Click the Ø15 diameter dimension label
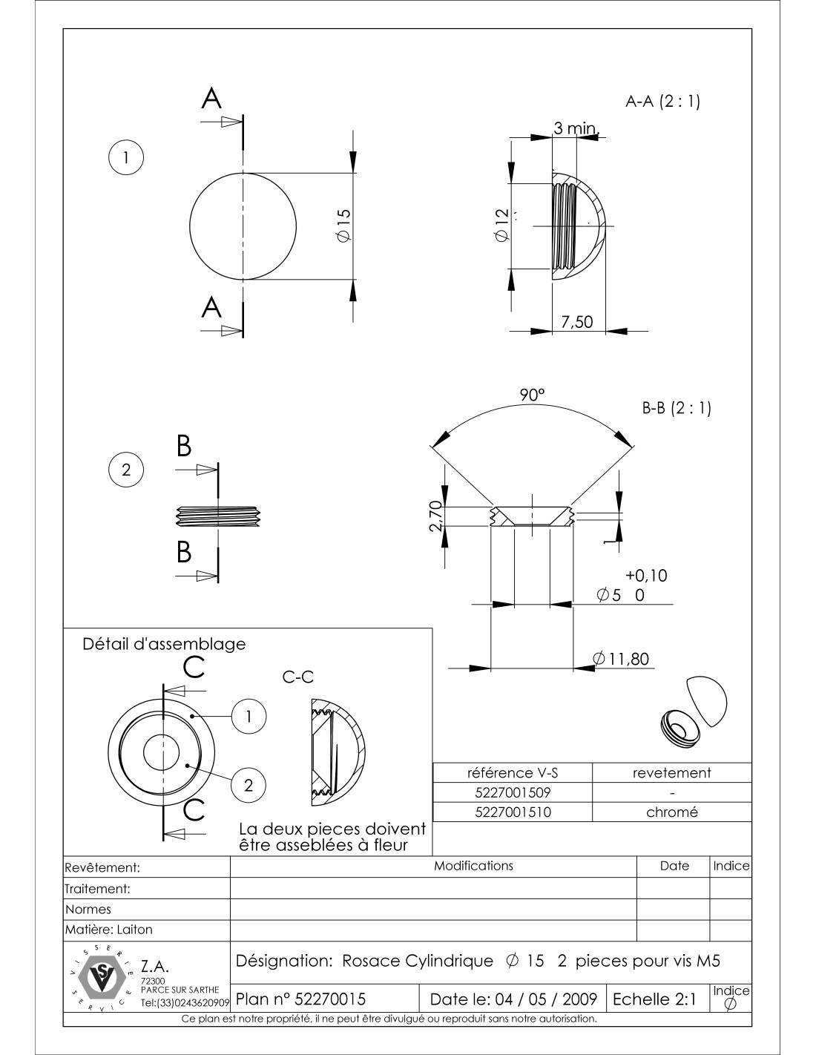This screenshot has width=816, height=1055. (343, 225)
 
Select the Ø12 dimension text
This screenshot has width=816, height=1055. (502, 225)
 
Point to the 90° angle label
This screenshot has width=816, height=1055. (531, 395)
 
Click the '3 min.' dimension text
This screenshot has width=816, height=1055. (575, 129)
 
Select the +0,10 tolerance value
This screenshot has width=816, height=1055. (646, 575)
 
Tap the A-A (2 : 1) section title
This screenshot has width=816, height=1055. (663, 102)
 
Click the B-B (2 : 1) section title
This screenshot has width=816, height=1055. (676, 408)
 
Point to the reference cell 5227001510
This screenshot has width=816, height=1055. (513, 812)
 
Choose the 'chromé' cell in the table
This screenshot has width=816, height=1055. (672, 812)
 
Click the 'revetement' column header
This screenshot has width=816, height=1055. (672, 772)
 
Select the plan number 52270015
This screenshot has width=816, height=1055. (300, 999)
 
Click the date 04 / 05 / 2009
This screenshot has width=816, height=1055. (513, 999)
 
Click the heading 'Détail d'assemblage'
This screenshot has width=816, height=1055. (163, 644)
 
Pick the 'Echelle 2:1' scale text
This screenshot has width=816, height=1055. (654, 999)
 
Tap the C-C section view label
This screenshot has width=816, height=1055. (298, 677)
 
